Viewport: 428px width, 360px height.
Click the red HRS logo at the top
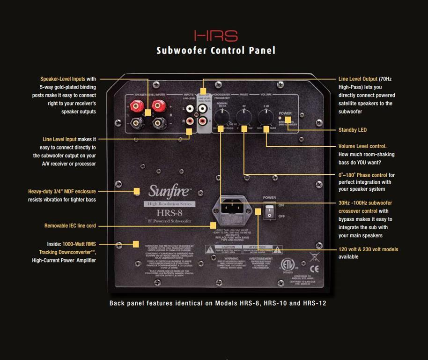tap(216, 36)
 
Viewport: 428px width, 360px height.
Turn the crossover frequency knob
tap(221, 117)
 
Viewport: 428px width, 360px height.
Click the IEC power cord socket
tap(231, 207)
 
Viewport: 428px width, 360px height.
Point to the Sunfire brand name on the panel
tap(170, 191)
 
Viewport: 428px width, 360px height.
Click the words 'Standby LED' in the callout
tap(353, 130)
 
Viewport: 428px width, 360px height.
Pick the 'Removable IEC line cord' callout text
tap(70, 226)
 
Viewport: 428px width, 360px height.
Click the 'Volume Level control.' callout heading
tap(362, 146)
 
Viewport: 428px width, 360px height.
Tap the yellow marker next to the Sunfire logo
tap(137, 191)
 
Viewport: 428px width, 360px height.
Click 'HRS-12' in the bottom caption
tap(314, 303)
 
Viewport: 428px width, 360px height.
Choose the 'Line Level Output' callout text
tap(358, 79)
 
